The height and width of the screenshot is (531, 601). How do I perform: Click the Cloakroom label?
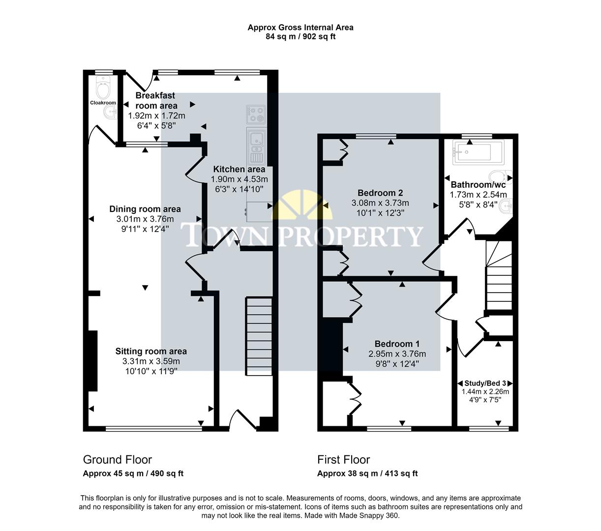click(x=103, y=103)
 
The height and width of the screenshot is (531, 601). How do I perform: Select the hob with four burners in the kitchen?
click(x=256, y=115)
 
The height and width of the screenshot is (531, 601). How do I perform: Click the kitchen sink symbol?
click(x=256, y=143)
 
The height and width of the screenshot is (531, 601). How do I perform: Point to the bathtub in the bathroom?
click(x=473, y=152)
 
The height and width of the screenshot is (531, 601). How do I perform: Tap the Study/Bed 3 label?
click(x=485, y=383)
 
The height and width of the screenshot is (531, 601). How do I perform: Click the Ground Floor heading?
click(x=117, y=460)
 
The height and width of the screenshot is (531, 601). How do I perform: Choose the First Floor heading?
click(x=343, y=460)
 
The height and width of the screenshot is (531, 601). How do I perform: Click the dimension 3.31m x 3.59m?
click(x=151, y=361)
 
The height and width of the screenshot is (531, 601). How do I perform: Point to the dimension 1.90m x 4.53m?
click(x=239, y=179)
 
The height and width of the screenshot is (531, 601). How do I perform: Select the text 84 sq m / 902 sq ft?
click(x=300, y=36)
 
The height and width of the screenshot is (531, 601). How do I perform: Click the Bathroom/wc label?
click(x=478, y=185)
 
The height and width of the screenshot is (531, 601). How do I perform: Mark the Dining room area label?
click(x=145, y=209)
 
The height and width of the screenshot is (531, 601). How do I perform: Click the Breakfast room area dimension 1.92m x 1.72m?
click(x=156, y=116)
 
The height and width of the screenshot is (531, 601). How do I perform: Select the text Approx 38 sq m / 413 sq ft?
click(x=367, y=474)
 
